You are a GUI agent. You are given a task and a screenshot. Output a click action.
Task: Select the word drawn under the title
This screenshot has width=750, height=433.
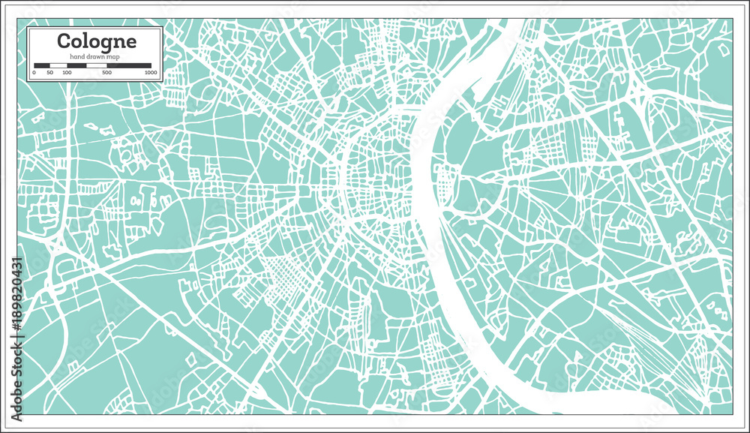coord(94,57)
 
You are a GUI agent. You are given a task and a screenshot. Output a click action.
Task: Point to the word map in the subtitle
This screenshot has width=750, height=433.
coord(113,57)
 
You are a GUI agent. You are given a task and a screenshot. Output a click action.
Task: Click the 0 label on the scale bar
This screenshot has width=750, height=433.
coord(34,73)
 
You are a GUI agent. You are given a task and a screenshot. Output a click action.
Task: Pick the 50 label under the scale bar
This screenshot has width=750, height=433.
coord(50,73)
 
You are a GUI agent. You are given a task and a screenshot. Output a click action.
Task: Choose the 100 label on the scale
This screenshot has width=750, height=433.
coord(67,73)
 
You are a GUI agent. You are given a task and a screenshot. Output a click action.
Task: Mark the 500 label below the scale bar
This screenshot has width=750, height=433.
coord(107,73)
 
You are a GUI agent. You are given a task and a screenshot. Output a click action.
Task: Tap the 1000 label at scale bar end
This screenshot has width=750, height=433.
coord(151,73)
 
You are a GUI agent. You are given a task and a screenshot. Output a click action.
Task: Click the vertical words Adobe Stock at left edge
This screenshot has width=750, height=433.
coord(15,375)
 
